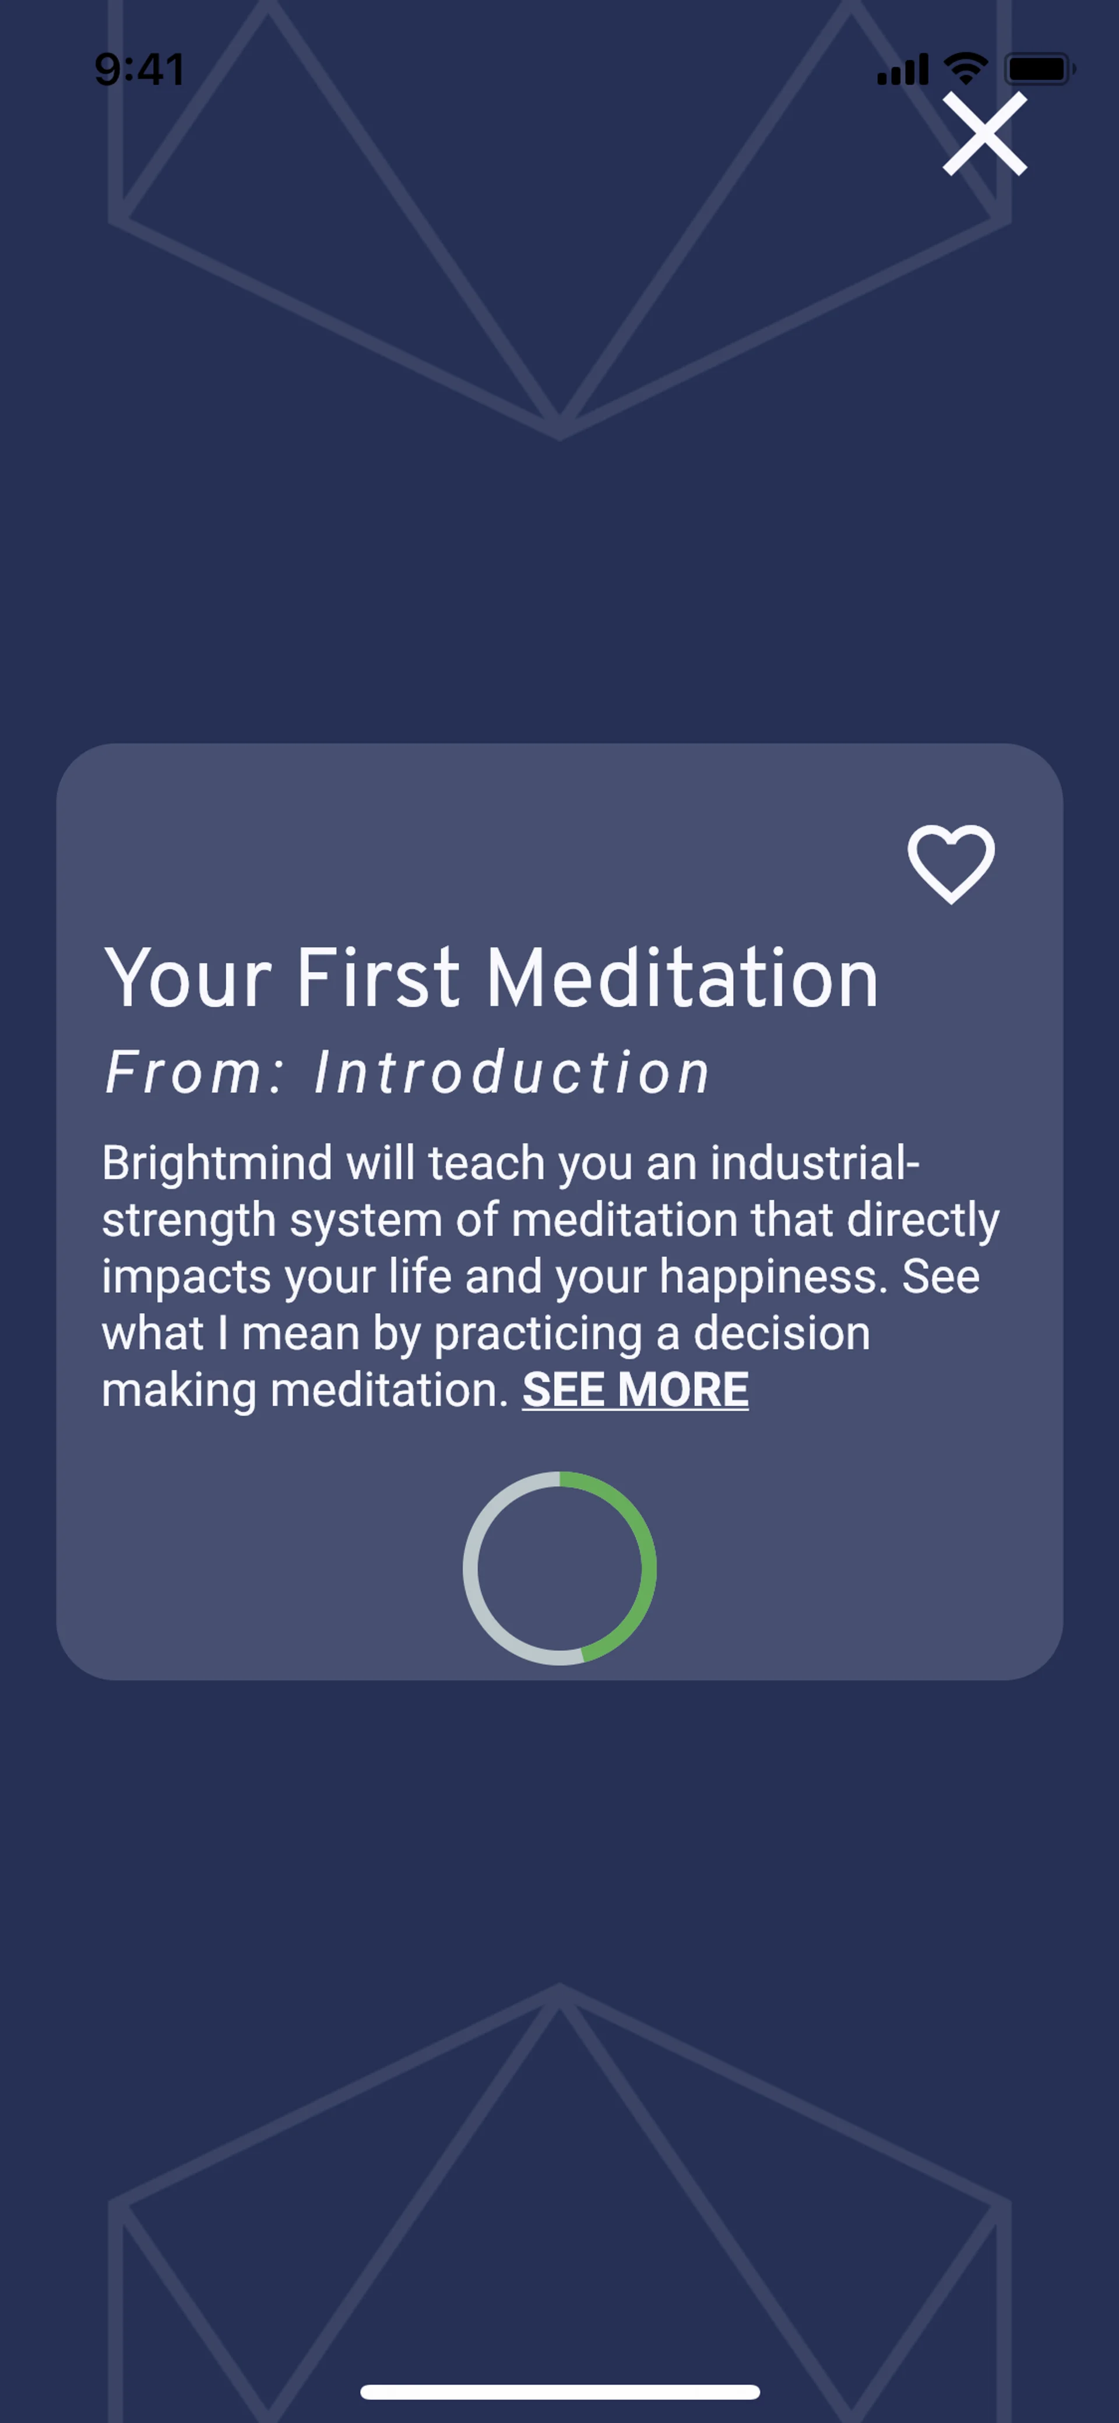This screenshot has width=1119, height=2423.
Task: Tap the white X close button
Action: tap(984, 133)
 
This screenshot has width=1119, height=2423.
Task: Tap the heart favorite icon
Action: tap(951, 863)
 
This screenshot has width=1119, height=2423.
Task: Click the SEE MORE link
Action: tap(636, 1389)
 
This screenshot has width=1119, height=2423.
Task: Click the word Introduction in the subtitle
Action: tap(512, 1072)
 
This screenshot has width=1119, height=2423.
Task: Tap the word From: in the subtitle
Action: tap(193, 1072)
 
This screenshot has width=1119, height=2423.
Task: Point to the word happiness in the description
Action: tap(773, 1277)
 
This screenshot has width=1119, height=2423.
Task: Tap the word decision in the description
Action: tap(782, 1333)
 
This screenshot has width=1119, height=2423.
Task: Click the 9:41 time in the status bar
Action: tap(139, 69)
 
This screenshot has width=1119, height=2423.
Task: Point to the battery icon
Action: tap(1040, 69)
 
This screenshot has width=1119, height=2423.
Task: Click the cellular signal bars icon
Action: tap(903, 69)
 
